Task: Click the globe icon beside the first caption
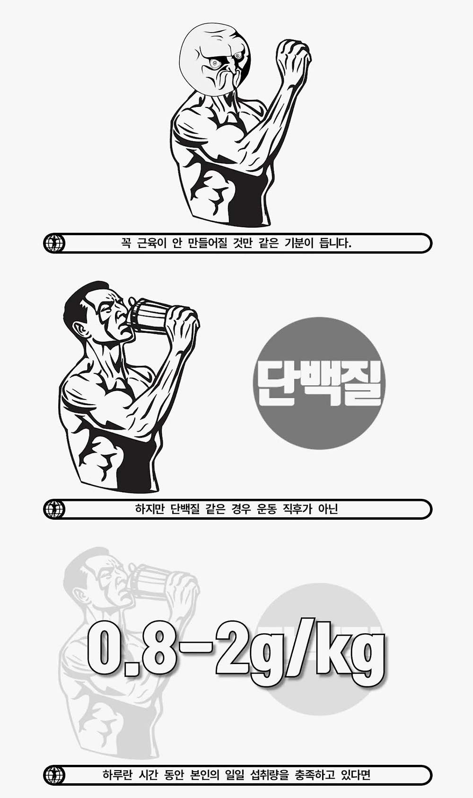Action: point(54,244)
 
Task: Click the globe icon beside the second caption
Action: point(54,509)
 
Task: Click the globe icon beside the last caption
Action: point(54,775)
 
